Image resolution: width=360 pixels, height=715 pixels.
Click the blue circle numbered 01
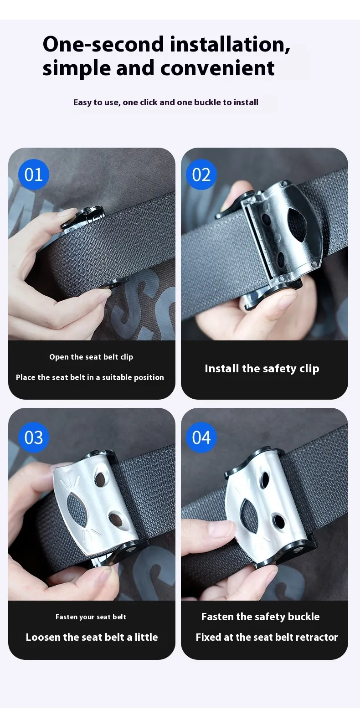pos(34,174)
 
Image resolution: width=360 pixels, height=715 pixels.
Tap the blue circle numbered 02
pos(201,174)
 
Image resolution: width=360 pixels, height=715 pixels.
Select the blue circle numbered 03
pos(34,437)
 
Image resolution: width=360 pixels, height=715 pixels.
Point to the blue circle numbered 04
pos(201,437)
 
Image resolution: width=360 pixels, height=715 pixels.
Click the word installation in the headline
pos(230,44)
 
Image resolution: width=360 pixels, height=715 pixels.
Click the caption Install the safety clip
pos(262,369)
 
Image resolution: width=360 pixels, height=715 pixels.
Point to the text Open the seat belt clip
pos(91,357)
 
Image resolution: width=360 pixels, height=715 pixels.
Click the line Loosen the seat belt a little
pos(92,637)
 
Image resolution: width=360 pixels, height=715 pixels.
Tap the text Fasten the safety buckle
pos(260,617)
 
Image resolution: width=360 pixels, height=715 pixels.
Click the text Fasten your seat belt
pos(91,617)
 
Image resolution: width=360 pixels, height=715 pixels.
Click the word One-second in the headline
pos(103,44)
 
